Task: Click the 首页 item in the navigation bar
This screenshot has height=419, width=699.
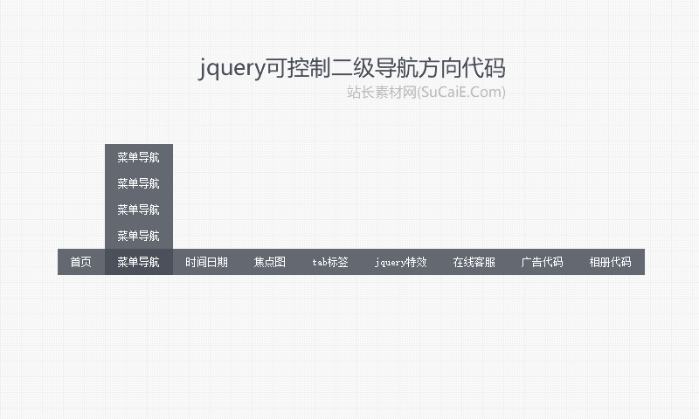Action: (x=80, y=262)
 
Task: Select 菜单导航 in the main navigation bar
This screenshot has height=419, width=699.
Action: (x=138, y=262)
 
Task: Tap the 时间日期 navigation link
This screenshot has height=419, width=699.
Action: (x=206, y=262)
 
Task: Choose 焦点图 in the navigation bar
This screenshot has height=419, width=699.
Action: (x=270, y=262)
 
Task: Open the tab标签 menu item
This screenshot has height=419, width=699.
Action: (x=330, y=262)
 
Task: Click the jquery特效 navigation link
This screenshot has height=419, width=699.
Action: (x=401, y=262)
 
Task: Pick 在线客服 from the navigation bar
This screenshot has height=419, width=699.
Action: (x=474, y=262)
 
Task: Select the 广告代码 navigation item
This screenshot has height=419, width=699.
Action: (x=542, y=262)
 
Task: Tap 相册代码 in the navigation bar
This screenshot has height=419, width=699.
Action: (x=610, y=262)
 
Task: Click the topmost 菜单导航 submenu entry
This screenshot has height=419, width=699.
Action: (x=138, y=157)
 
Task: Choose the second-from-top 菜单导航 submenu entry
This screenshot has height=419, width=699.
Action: (x=138, y=183)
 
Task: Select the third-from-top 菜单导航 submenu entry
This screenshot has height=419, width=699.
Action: (x=138, y=209)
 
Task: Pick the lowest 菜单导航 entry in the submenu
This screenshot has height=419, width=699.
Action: (x=138, y=236)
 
